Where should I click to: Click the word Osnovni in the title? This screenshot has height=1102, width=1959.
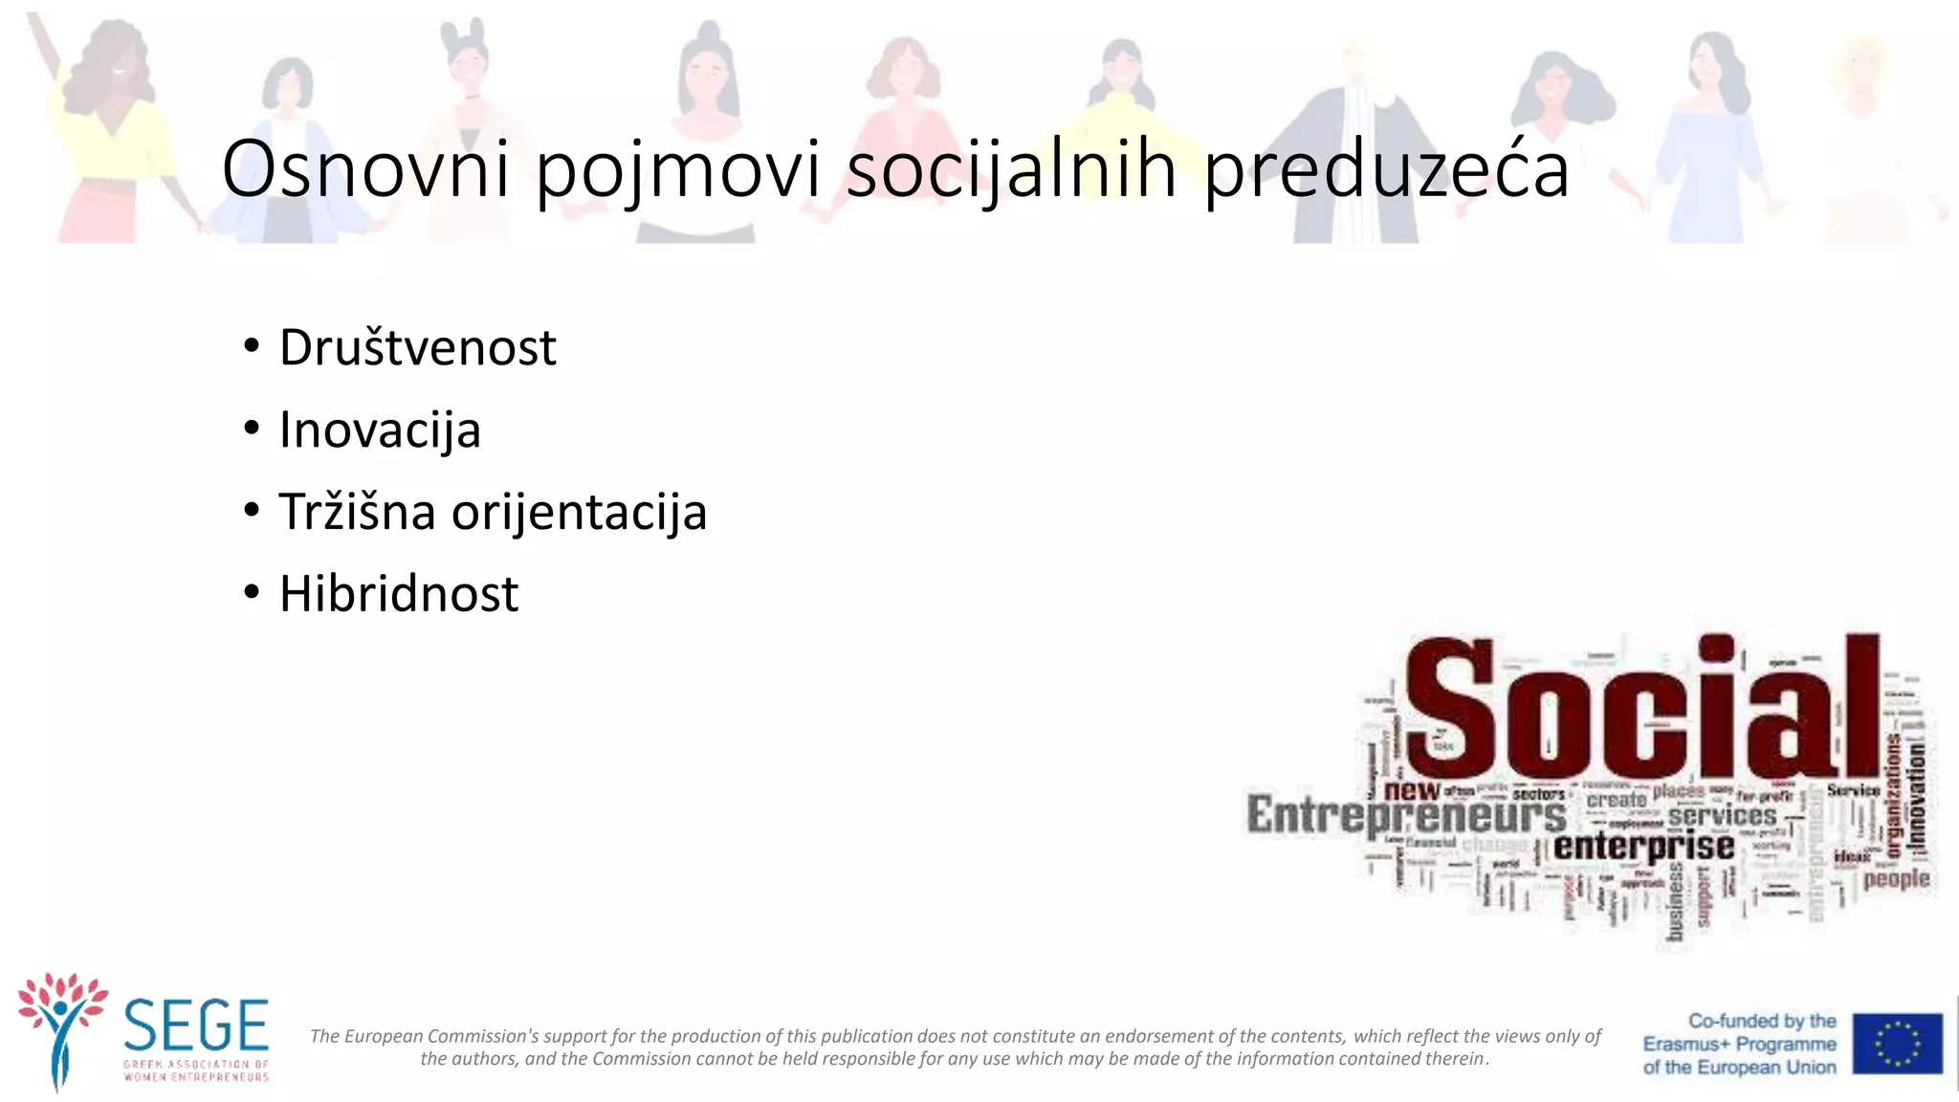pos(365,169)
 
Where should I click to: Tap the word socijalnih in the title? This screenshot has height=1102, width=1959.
pos(1011,169)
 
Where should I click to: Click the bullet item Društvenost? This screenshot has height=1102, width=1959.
pos(417,347)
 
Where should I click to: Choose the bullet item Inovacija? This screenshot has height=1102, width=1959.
pos(380,430)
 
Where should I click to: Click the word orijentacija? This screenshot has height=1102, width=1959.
pos(579,513)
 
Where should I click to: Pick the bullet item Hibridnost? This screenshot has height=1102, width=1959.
pos(399,594)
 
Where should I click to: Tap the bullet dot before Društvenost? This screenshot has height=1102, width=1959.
pos(252,345)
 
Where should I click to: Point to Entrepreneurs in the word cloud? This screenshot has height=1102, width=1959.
pos(1406,816)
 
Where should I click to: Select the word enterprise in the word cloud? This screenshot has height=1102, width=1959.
pos(1643,847)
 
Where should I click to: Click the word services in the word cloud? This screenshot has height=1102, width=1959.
pos(1722,816)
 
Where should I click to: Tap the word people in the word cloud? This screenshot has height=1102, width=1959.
pos(1896,878)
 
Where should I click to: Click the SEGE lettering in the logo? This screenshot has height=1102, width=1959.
pos(196,1025)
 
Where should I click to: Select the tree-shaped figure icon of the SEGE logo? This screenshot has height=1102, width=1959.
pos(61,1029)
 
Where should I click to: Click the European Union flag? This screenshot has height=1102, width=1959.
pos(1897,1044)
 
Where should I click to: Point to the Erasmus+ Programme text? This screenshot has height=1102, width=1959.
pos(1739,1045)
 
